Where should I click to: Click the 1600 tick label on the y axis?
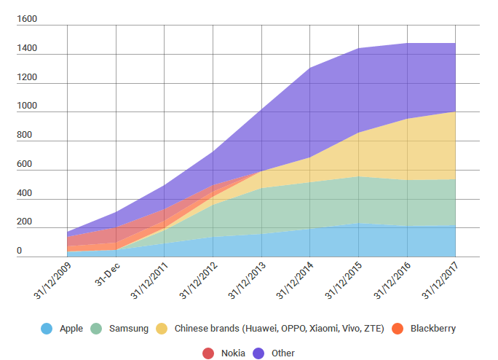pos(27,20)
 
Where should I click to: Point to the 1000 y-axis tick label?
pos(27,106)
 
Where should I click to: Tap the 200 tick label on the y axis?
pos(25,222)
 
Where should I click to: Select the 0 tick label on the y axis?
pos(20,251)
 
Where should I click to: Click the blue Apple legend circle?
pos(47,329)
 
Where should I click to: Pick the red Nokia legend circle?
pos(208,353)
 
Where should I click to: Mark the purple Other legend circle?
pos(258,353)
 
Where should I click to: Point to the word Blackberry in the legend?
pos(433,329)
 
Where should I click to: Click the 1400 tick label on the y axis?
pos(27,49)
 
